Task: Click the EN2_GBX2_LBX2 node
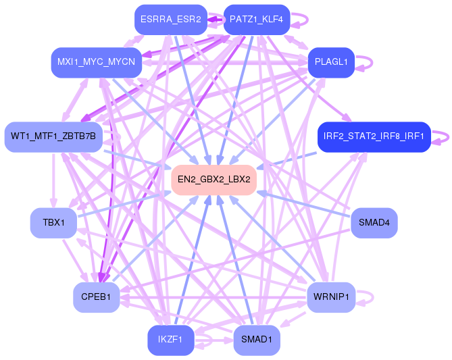tap(214, 180)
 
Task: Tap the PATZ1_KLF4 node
tap(257, 20)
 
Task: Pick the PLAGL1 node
tap(331, 62)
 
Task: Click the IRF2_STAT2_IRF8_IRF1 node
tap(374, 136)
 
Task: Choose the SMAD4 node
tap(374, 222)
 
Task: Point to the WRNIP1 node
tap(330, 297)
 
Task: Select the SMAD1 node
tap(257, 340)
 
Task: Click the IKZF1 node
tap(170, 340)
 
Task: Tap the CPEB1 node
tap(97, 297)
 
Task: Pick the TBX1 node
tap(53, 222)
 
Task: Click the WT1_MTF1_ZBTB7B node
tap(53, 136)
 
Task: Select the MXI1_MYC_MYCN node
tap(96, 62)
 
